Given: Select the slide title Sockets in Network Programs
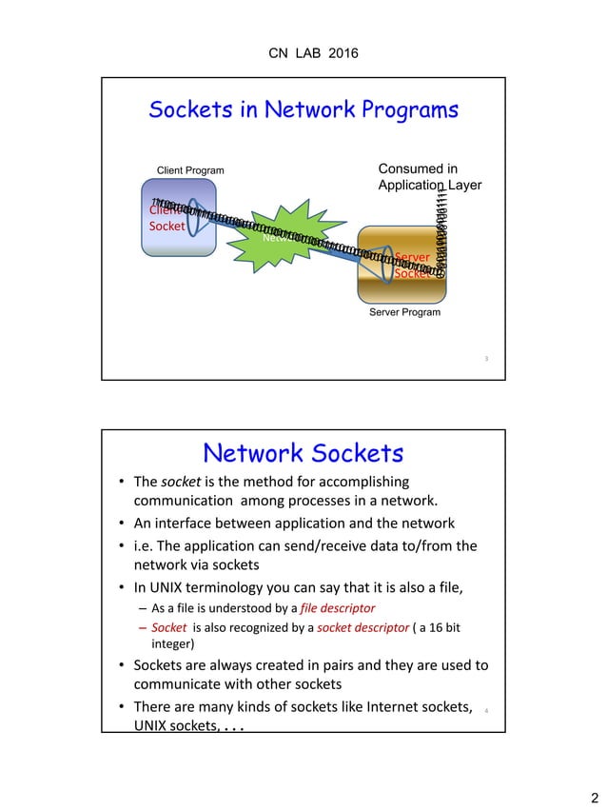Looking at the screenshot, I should [x=303, y=110].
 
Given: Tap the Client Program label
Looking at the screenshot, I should [x=190, y=171].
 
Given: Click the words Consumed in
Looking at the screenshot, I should [x=418, y=169].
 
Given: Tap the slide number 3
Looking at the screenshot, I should [x=486, y=359].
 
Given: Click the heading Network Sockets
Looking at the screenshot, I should [x=303, y=452].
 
